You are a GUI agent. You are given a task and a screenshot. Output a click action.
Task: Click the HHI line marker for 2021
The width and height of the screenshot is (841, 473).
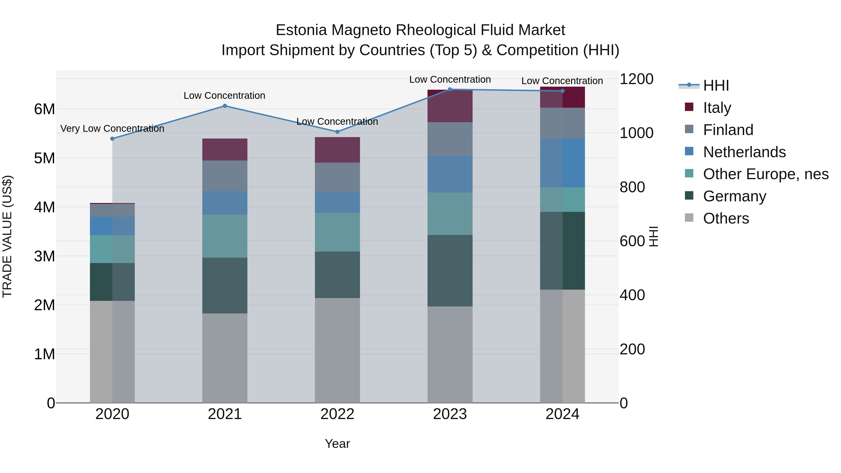[225, 106]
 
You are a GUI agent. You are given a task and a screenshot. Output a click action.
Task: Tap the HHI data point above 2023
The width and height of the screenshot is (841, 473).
[450, 89]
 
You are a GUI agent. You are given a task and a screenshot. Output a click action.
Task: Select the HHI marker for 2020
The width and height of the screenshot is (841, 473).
[112, 139]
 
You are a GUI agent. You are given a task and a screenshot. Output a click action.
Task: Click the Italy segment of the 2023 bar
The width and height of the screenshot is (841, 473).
[450, 106]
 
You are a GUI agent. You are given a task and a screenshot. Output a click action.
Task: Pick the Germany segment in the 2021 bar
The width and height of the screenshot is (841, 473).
[225, 286]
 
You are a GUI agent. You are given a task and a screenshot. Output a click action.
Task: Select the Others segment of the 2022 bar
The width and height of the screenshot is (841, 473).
[337, 350]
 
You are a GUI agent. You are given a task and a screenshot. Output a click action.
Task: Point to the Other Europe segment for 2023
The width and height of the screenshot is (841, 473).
[450, 213]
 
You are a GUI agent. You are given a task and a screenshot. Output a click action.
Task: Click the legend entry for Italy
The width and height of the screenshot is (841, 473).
[717, 107]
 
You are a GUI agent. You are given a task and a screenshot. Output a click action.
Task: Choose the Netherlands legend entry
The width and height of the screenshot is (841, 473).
[744, 152]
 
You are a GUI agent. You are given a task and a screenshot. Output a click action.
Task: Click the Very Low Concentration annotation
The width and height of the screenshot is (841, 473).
[112, 129]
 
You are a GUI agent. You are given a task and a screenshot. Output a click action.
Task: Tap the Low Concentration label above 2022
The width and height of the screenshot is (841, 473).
[337, 121]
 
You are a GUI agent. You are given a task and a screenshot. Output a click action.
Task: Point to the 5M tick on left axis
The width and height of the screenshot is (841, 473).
[44, 158]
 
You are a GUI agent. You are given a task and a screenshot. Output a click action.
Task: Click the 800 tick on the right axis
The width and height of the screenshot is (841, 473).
[632, 187]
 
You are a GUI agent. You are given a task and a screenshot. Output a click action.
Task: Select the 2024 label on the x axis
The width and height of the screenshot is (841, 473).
[562, 414]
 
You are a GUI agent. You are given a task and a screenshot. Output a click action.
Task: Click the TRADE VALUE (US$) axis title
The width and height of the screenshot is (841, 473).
[7, 236]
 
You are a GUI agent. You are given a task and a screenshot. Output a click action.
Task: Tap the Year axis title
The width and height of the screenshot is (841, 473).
[337, 444]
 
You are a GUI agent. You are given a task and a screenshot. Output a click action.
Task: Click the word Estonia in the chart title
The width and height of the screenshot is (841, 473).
[301, 30]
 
